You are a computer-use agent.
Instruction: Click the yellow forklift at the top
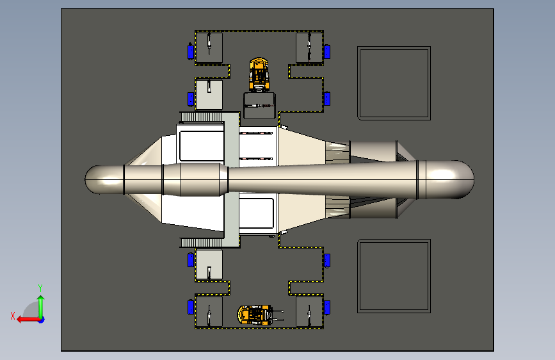tap(259, 74)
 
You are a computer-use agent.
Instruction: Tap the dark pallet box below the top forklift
tap(260, 105)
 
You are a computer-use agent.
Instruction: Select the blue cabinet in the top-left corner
tap(190, 51)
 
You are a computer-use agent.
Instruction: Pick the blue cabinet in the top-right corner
tap(327, 51)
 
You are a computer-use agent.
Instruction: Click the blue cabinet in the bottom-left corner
tap(190, 307)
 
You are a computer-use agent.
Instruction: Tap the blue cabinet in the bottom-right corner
tap(327, 307)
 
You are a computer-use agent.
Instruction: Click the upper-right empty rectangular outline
tap(393, 83)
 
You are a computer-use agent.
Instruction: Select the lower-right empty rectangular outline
tap(393, 275)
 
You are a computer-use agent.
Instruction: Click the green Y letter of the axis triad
tap(40, 288)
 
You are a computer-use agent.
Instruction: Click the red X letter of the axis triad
tap(13, 315)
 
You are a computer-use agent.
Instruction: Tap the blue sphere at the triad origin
tap(41, 318)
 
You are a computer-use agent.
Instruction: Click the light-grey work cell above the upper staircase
tap(209, 94)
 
